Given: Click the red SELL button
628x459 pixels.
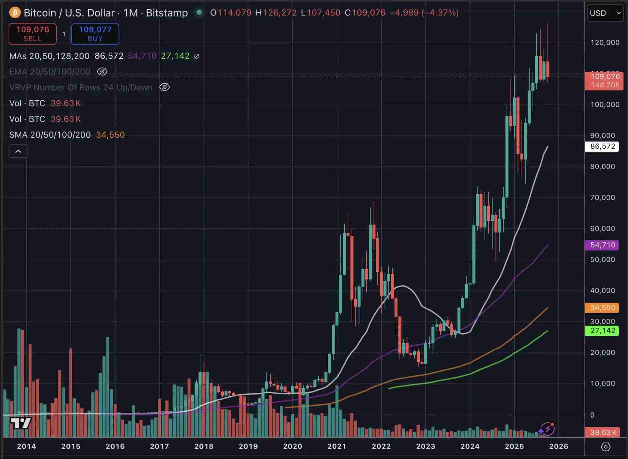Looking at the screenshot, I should [32, 34].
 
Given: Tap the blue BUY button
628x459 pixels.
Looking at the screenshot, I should [95, 34].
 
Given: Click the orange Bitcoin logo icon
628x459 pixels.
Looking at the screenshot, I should [15, 13].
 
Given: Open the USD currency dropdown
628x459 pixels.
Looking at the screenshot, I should [605, 13].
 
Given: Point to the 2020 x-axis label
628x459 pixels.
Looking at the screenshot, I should [292, 446].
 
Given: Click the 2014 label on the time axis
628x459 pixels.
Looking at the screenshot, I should [27, 446].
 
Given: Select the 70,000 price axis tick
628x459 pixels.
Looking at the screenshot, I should [602, 198].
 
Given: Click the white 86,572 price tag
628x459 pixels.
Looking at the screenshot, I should [602, 146].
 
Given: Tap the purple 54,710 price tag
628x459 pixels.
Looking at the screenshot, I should [602, 245].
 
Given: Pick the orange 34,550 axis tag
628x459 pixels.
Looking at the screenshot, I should [602, 308].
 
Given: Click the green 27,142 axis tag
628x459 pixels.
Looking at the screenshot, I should [602, 331].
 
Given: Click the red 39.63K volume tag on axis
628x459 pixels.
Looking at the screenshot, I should [602, 432].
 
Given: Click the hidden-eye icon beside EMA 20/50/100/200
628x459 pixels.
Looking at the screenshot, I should [102, 72].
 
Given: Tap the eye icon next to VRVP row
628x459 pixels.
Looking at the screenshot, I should [164, 87].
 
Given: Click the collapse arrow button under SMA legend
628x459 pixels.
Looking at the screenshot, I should [18, 151].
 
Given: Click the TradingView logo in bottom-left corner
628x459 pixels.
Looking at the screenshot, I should [21, 423].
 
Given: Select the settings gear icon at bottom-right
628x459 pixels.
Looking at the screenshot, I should [605, 447].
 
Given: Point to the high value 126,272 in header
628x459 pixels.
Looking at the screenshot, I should [279, 13].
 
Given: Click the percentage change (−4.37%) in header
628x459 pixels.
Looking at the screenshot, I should [440, 13].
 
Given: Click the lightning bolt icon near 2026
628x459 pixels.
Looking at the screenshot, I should [547, 429].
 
